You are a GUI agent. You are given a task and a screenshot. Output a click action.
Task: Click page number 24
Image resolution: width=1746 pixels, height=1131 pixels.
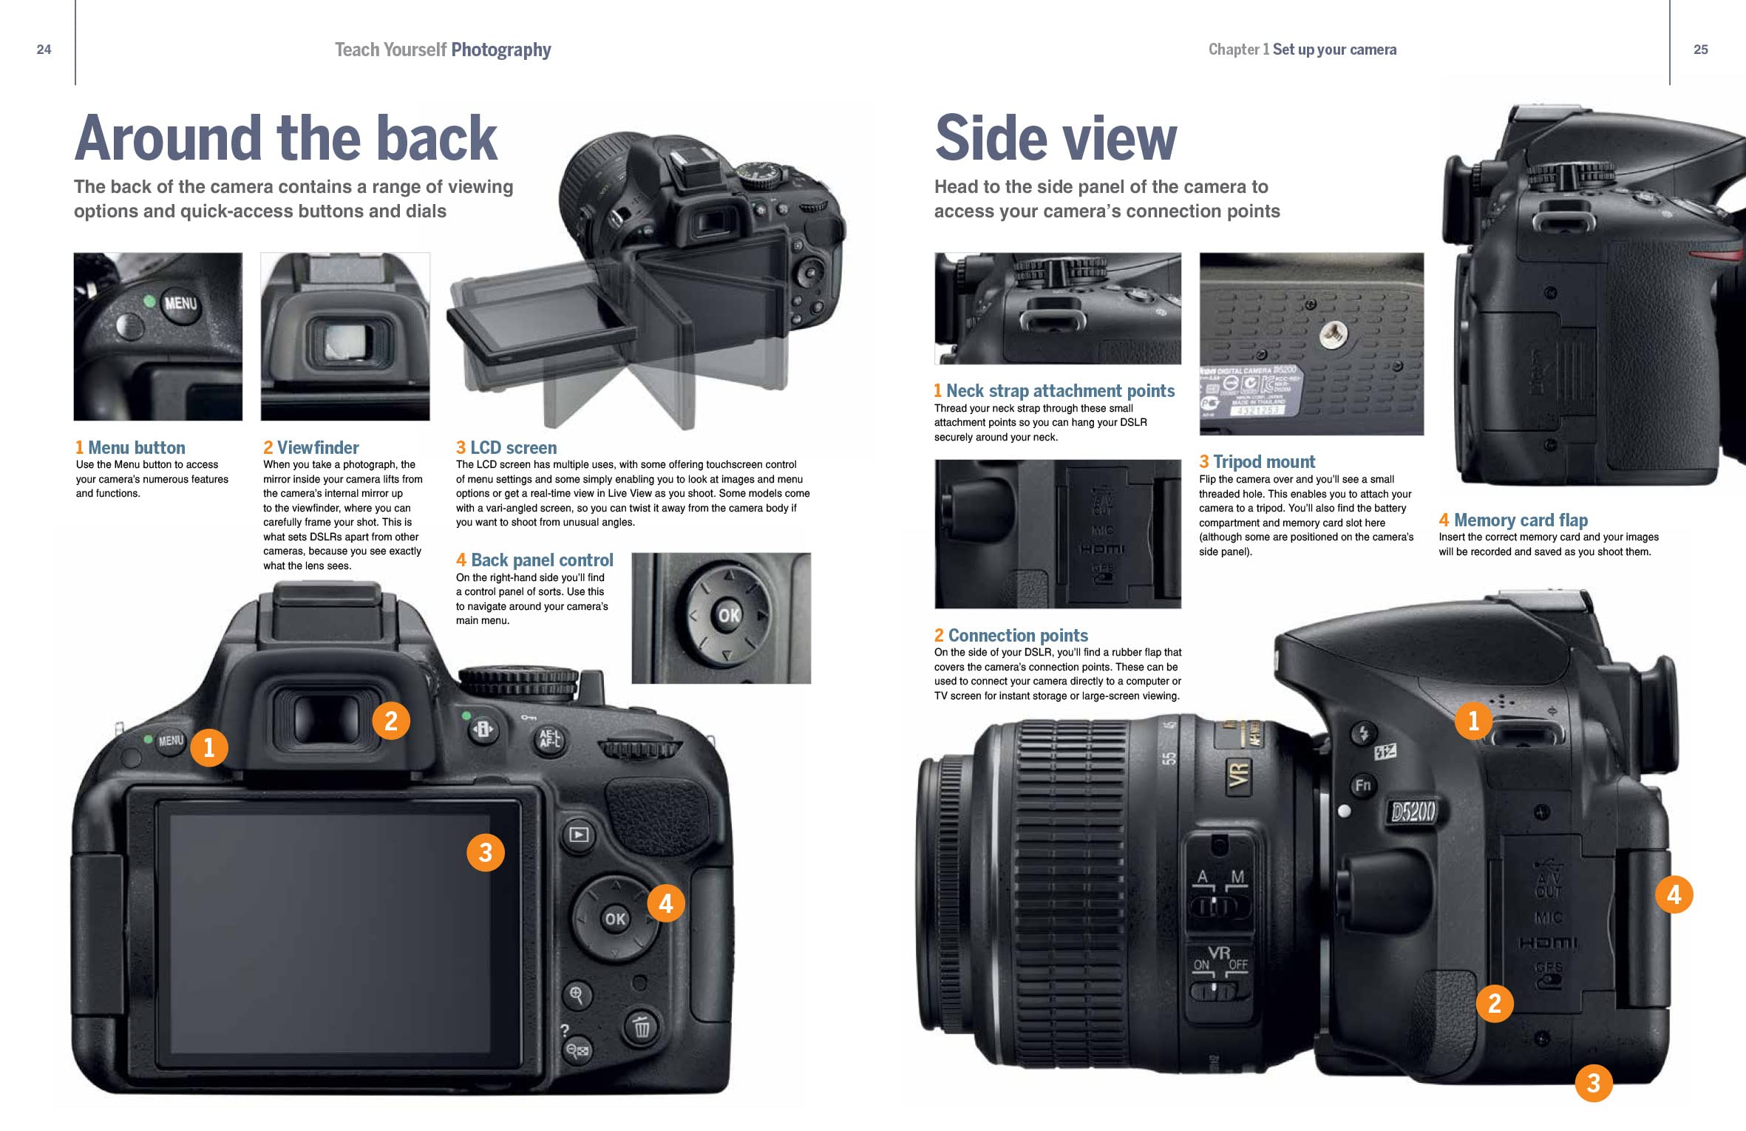pyautogui.click(x=44, y=50)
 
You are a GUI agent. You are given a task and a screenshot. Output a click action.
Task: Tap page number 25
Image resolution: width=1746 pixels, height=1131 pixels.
pyautogui.click(x=1700, y=50)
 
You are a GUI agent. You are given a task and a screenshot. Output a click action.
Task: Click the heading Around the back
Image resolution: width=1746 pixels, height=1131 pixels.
pyautogui.click(x=286, y=138)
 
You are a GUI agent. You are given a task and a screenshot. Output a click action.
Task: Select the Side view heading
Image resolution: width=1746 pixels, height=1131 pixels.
pyautogui.click(x=1055, y=138)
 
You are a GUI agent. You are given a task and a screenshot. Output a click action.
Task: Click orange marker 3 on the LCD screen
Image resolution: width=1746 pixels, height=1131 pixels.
pyautogui.click(x=485, y=852)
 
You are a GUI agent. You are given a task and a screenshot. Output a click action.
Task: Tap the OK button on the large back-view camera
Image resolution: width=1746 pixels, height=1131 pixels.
pyautogui.click(x=615, y=919)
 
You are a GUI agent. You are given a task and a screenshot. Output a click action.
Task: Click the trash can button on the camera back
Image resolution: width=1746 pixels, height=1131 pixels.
pyautogui.click(x=641, y=1027)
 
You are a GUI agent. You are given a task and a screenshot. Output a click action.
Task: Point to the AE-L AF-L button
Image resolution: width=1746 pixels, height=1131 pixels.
pyautogui.click(x=549, y=738)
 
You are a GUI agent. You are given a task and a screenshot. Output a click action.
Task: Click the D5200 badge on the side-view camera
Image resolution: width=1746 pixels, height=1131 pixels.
pyautogui.click(x=1412, y=812)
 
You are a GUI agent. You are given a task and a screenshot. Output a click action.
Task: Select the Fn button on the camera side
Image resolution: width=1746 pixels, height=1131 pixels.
pyautogui.click(x=1362, y=785)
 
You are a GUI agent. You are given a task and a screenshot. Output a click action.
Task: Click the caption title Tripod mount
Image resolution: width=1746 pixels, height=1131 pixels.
pyautogui.click(x=1257, y=462)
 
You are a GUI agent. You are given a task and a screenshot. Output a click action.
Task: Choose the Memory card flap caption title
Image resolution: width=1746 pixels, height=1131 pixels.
pyautogui.click(x=1513, y=520)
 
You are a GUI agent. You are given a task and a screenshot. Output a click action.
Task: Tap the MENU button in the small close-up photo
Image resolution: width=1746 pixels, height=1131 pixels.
pyautogui.click(x=180, y=304)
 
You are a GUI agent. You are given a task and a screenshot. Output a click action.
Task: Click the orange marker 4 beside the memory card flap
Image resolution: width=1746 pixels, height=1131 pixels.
pyautogui.click(x=1674, y=894)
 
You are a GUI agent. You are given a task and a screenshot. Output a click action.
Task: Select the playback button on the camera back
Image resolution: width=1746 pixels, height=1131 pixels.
pyautogui.click(x=578, y=835)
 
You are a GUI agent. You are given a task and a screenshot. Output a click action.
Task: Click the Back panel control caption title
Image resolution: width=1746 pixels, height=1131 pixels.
pyautogui.click(x=534, y=560)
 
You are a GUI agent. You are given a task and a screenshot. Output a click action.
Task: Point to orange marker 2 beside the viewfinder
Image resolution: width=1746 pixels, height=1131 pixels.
pyautogui.click(x=390, y=720)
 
